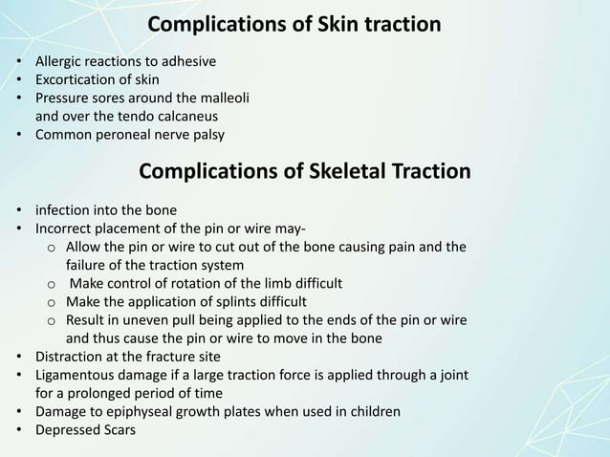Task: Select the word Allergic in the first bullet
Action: point(59,62)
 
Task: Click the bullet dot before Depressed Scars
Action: point(19,429)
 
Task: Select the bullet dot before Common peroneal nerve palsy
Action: point(19,135)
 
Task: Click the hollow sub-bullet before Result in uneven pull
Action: point(51,321)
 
